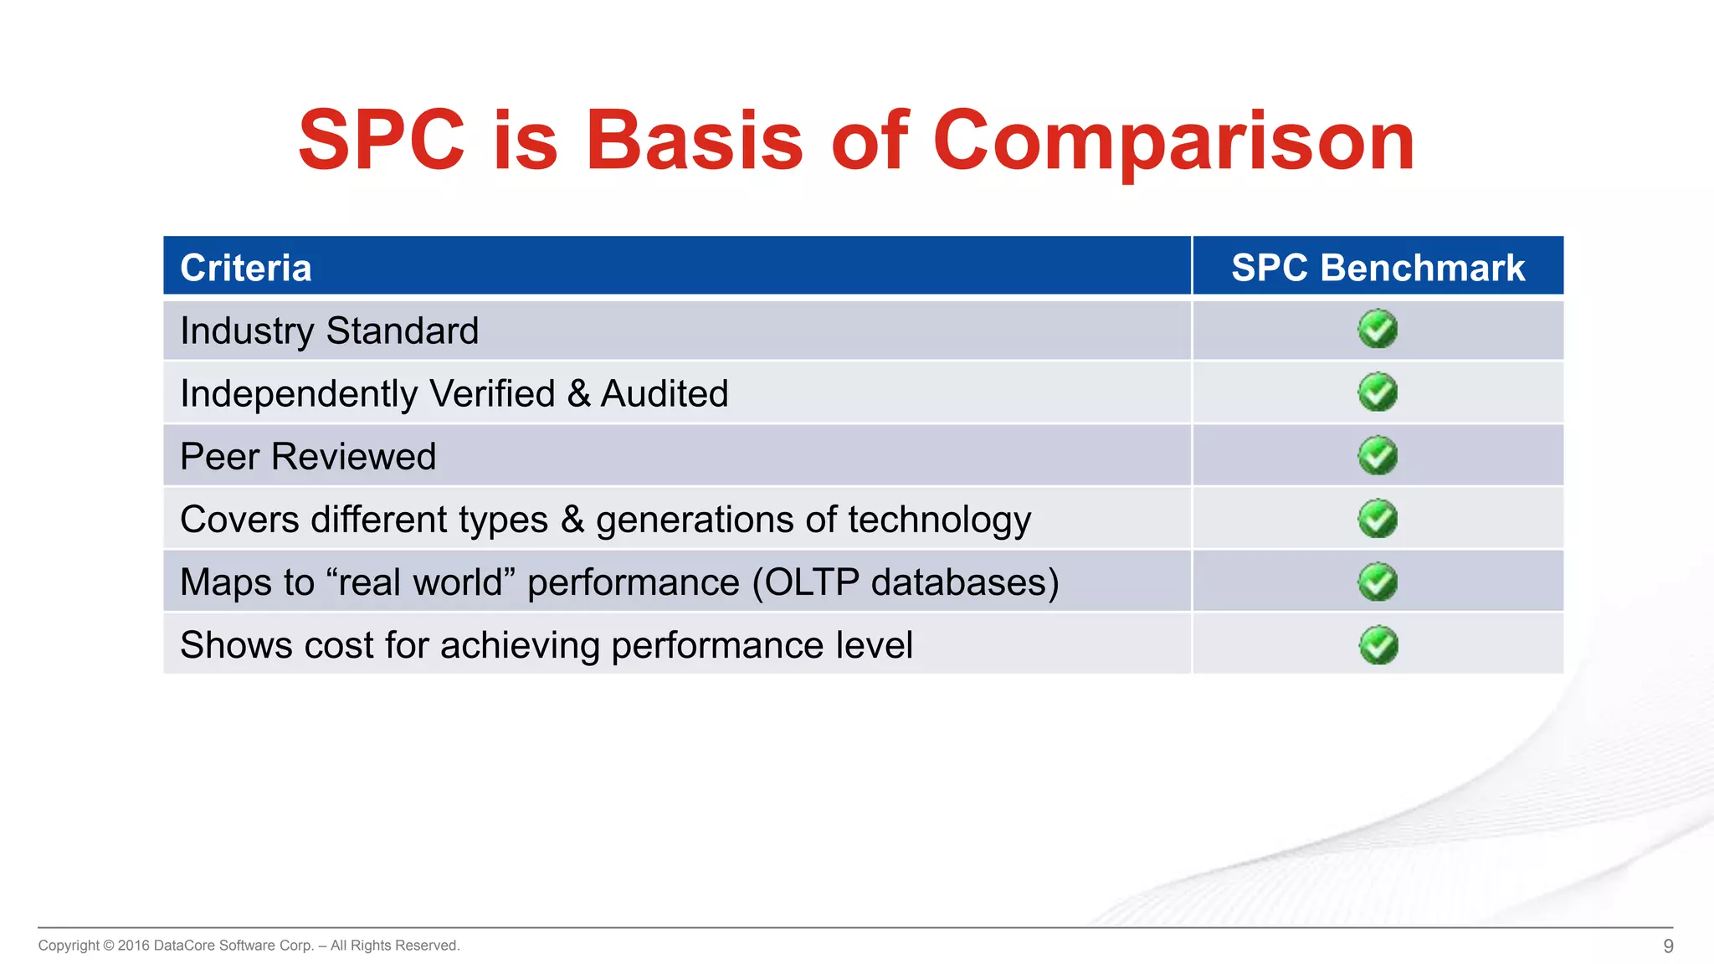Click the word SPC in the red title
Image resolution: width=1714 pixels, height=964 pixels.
381,141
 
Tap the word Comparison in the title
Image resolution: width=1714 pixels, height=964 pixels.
1173,142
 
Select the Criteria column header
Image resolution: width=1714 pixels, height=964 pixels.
246,268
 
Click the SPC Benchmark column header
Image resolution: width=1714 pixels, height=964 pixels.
1378,268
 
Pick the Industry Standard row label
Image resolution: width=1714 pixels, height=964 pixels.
329,331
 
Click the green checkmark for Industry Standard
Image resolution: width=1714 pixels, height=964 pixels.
1378,329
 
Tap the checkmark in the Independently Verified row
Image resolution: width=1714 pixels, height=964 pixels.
1378,392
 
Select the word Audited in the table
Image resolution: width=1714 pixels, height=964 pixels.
665,393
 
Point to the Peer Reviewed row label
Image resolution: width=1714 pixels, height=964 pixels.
308,456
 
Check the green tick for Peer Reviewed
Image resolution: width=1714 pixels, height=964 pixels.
1378,455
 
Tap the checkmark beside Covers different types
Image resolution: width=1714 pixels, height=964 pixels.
1378,519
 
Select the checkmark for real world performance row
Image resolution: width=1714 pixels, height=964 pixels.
1378,582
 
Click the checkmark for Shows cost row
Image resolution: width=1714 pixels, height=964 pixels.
1378,645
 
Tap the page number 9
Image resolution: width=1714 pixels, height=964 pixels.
1668,946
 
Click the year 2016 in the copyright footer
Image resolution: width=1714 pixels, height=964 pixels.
134,946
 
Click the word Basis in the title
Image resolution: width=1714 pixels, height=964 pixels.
694,141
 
